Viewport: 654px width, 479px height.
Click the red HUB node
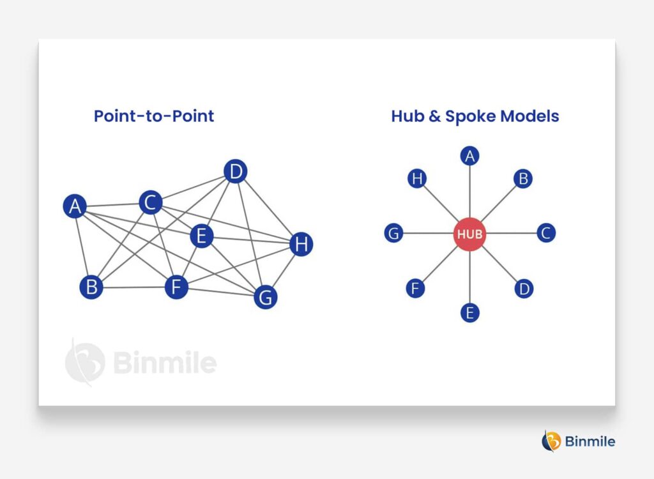coord(469,234)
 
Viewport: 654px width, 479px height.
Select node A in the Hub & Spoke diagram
coord(470,156)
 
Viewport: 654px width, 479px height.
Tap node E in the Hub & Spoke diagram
coord(469,313)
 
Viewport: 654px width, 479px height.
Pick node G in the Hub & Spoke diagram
coord(393,234)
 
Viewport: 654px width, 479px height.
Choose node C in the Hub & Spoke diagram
coord(545,234)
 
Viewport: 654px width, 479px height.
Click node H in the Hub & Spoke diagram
coord(416,179)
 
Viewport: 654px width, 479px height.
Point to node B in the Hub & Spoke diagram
coord(523,179)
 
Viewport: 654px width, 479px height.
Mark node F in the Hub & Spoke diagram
coord(415,289)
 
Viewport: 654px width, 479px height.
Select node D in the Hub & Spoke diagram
coord(524,289)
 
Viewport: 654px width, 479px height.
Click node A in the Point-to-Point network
coord(75,206)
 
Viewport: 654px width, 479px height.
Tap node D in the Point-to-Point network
coord(236,171)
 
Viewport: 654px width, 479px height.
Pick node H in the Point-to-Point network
coord(301,244)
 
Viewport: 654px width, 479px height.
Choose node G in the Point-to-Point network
coord(265,297)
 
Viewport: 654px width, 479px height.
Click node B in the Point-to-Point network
coord(91,287)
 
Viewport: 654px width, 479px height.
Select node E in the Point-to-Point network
coord(201,236)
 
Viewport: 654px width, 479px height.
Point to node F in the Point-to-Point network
coord(176,287)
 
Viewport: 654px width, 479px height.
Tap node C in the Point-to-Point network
coord(150,203)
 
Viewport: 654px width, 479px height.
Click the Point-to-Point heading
coord(154,116)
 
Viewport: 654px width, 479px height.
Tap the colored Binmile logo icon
coord(551,441)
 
